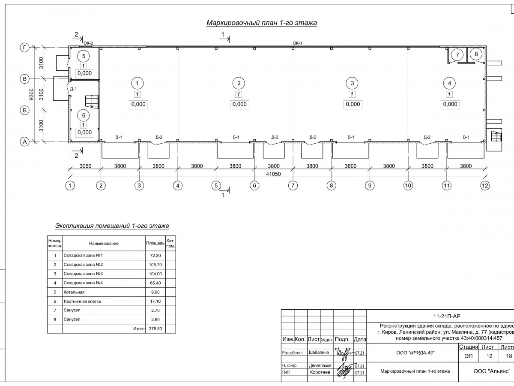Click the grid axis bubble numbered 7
tap(293, 186)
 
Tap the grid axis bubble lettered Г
tap(25, 48)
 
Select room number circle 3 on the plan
tap(352, 83)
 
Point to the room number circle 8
tap(475, 54)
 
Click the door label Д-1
tap(73, 89)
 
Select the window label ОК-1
tap(297, 43)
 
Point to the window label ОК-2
tap(88, 43)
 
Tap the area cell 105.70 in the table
tap(155, 265)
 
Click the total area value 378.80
tap(155, 329)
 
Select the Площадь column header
tap(155, 243)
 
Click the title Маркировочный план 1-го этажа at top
tap(261, 23)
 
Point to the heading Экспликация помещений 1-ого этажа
tap(112, 226)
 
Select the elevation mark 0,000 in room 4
tap(450, 104)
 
